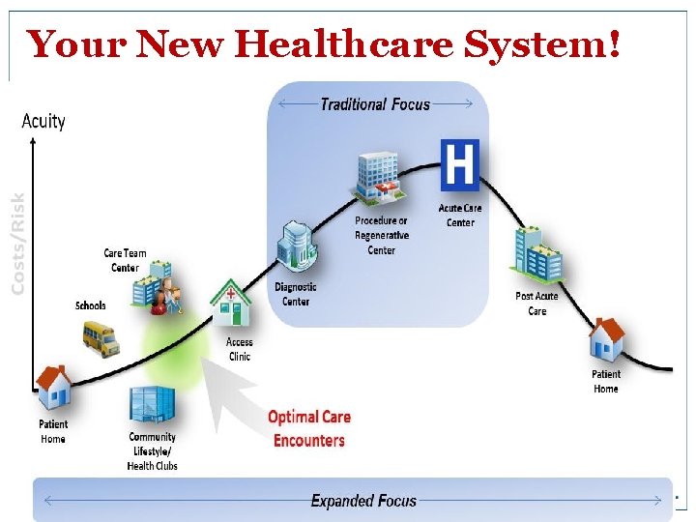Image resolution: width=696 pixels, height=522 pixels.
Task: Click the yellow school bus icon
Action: point(101,338)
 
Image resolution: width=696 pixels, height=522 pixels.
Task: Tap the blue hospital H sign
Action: point(459,165)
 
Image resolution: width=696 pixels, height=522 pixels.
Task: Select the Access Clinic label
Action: point(239,349)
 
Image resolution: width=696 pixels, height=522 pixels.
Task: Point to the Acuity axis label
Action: point(43,122)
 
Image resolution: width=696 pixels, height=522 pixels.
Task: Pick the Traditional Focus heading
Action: point(375,103)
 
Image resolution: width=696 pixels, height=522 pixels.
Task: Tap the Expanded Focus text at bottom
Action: point(363,501)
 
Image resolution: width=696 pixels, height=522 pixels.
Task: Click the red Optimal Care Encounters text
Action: point(309,428)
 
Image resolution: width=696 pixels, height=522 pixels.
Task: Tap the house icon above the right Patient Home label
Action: point(607,340)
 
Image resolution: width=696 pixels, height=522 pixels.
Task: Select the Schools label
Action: point(91,305)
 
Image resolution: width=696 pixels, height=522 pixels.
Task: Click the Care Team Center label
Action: point(125,260)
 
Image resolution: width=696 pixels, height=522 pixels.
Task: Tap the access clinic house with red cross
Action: point(231,304)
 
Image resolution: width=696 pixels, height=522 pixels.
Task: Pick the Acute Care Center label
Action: point(460,216)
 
